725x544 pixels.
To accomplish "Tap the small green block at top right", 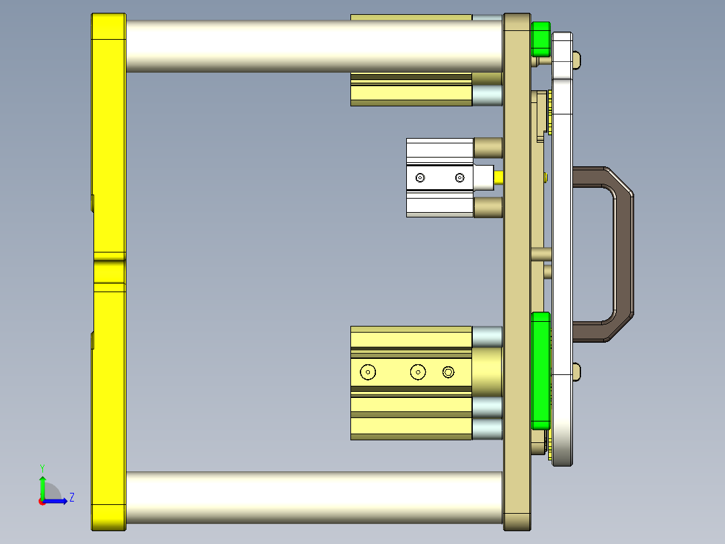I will click(x=540, y=39).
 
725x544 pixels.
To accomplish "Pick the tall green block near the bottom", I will click(x=540, y=370).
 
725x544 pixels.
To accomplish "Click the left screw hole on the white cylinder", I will click(x=420, y=178).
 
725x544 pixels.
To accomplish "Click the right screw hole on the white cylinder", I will click(x=459, y=178).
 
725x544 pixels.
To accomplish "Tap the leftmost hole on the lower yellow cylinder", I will click(x=368, y=372).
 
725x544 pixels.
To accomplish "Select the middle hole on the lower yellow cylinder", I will click(x=418, y=372).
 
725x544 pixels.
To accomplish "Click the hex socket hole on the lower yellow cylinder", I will click(x=449, y=372).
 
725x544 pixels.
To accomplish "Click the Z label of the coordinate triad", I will click(x=71, y=498).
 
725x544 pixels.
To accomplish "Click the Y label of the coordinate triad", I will click(x=42, y=467).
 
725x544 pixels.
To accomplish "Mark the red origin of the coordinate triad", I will click(x=42, y=501).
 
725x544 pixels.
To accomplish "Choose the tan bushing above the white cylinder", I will click(x=488, y=147).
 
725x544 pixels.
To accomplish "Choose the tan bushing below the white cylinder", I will click(x=488, y=207).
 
